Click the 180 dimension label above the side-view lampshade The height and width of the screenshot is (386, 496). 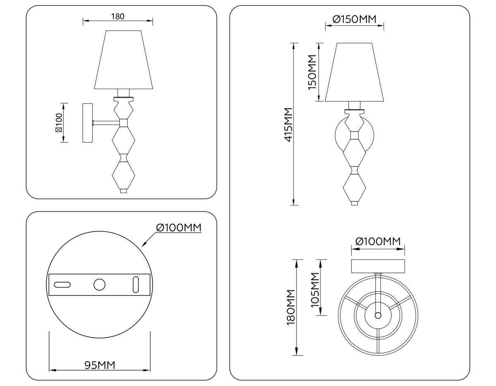tap(118, 17)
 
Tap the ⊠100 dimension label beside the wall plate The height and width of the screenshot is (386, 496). tap(59, 123)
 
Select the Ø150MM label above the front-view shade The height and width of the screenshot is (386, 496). tap(354, 19)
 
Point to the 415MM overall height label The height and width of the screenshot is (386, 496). tap(288, 124)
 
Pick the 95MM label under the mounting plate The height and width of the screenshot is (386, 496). tap(100, 365)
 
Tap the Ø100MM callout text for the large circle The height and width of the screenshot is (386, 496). tap(179, 228)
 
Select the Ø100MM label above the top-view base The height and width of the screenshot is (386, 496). tap(378, 241)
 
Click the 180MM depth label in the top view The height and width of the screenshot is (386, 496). tap(291, 307)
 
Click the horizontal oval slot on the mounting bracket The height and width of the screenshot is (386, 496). tap(62, 285)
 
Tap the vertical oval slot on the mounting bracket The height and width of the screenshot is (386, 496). tap(136, 285)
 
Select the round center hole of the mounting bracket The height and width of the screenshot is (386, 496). tap(99, 285)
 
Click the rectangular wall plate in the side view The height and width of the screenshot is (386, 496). tap(88, 123)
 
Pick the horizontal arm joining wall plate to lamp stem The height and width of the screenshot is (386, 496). tap(106, 122)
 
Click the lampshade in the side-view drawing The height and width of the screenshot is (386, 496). tap(124, 60)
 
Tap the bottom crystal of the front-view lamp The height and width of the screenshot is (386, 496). tap(354, 187)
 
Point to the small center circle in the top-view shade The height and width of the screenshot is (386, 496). tap(378, 315)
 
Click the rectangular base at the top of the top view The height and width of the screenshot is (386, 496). tap(378, 266)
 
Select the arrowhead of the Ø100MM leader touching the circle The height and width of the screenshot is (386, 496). tap(143, 245)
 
